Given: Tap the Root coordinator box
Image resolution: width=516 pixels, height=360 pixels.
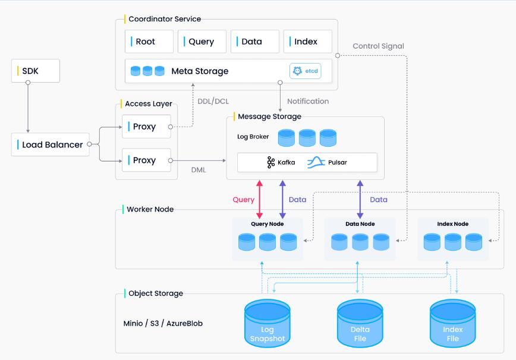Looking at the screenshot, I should point(149,42).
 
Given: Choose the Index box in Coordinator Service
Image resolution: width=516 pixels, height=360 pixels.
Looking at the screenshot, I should point(307,42).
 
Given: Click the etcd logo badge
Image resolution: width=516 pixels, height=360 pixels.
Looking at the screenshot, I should point(304,71).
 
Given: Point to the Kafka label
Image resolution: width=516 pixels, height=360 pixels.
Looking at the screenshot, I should point(281,162).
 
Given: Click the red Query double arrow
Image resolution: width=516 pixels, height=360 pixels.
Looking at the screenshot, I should point(259,199).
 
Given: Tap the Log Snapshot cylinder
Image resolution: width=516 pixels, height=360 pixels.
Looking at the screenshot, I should point(268,324).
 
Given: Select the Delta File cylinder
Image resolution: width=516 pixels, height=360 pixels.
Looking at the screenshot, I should point(360,324).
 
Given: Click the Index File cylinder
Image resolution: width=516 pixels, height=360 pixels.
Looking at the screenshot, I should point(452,324).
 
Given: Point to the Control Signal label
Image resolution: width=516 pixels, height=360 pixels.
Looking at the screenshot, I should point(378,46).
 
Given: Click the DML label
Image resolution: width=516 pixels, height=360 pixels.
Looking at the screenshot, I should point(199,170).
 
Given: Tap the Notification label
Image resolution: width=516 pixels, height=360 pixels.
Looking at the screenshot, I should point(307,101).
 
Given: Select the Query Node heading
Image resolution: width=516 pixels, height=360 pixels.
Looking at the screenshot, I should point(267,224).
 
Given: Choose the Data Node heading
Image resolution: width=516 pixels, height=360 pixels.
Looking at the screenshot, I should point(360,224).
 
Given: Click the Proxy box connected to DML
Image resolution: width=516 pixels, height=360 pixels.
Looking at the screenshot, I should point(146,160).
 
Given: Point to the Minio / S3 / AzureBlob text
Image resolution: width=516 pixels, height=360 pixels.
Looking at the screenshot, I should point(163,324).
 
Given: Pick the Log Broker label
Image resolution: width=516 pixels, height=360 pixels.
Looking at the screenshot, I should point(253,137).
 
